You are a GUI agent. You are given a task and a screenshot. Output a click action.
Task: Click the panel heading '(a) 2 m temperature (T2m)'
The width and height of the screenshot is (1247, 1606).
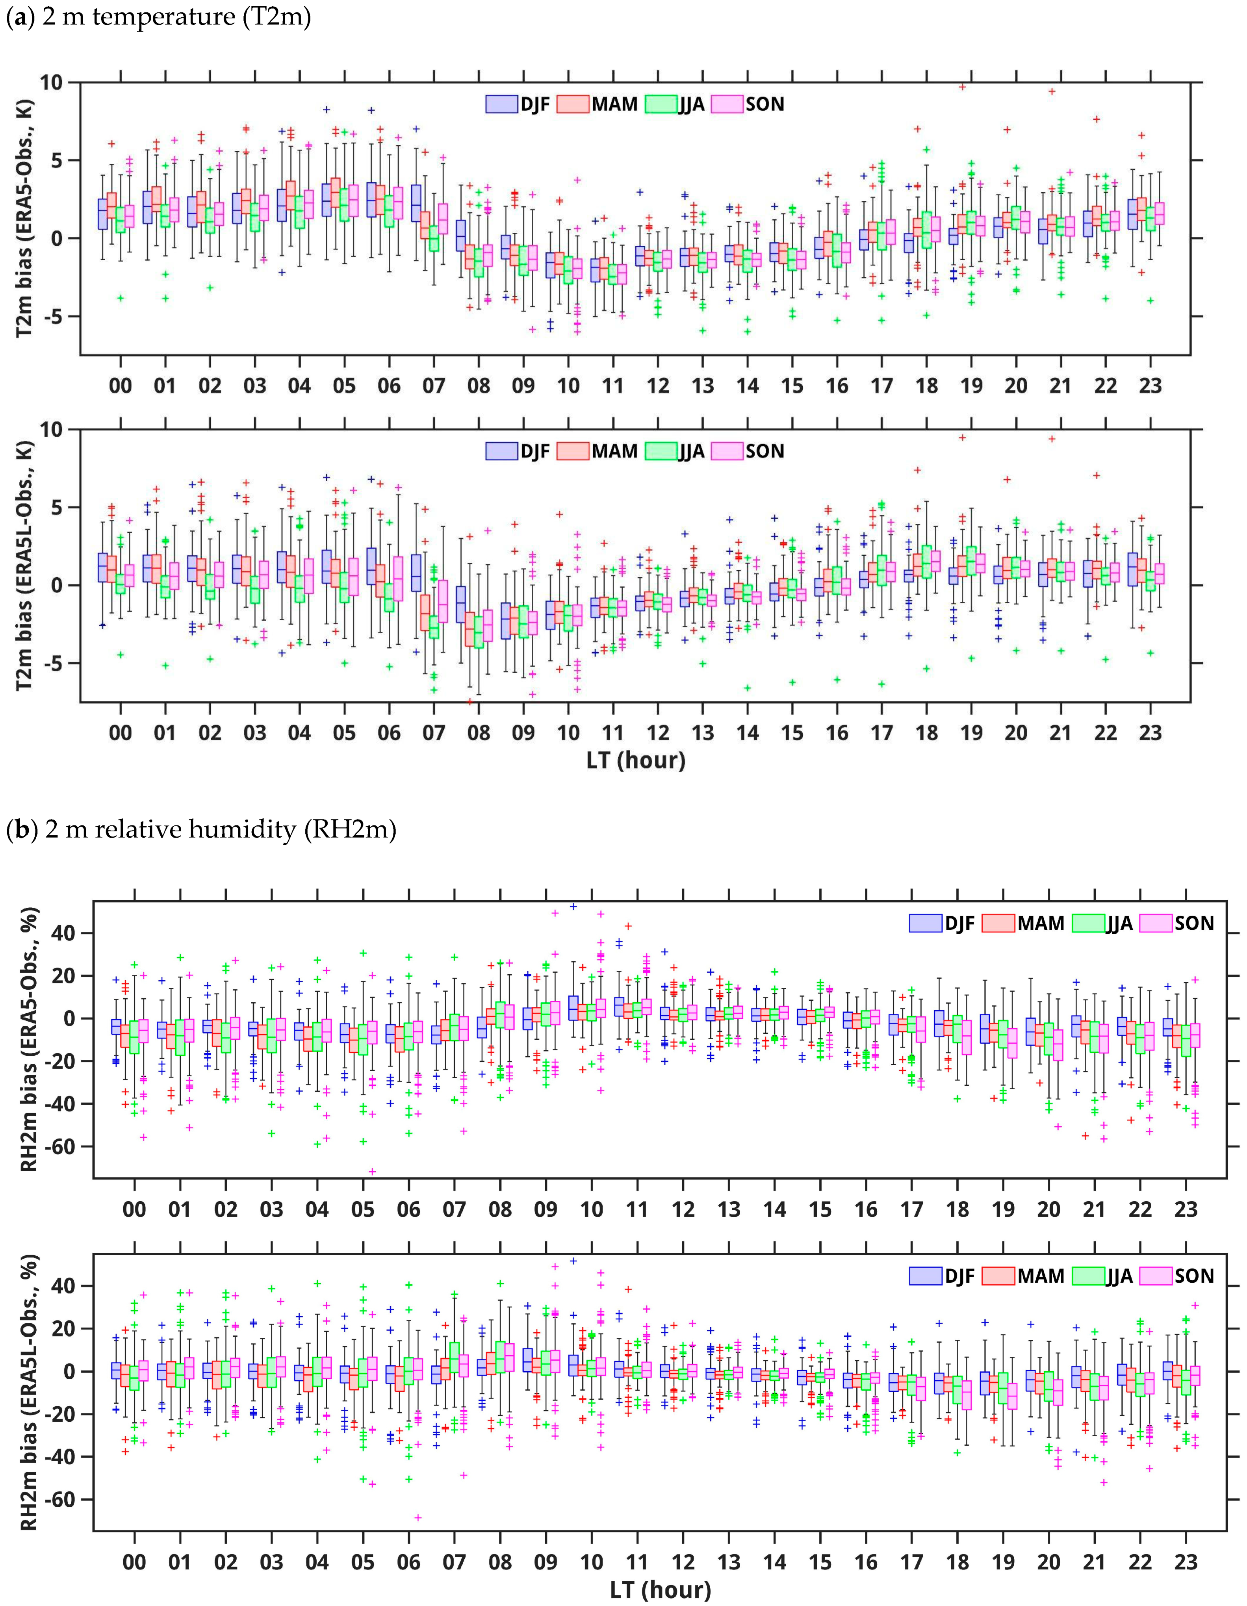[x=158, y=16]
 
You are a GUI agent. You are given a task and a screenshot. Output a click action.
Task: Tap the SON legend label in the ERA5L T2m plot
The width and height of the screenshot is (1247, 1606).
[x=765, y=451]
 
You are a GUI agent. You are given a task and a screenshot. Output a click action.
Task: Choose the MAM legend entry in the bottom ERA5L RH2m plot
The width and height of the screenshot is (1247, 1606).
[x=1040, y=1276]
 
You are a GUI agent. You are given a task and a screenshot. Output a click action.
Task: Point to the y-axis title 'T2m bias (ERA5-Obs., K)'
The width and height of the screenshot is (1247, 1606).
[x=25, y=219]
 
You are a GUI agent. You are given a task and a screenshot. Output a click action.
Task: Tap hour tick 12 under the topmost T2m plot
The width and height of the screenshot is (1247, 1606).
[x=657, y=386]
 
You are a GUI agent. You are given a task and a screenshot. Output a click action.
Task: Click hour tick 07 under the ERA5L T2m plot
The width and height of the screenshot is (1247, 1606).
[x=434, y=733]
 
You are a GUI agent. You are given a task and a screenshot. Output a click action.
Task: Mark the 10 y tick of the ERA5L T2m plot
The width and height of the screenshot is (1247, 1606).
[x=52, y=429]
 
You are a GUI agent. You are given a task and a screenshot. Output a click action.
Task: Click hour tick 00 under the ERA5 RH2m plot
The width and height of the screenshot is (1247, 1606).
[x=134, y=1210]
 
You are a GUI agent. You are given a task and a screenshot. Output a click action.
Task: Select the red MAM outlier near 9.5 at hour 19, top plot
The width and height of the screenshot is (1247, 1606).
[x=962, y=87]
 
